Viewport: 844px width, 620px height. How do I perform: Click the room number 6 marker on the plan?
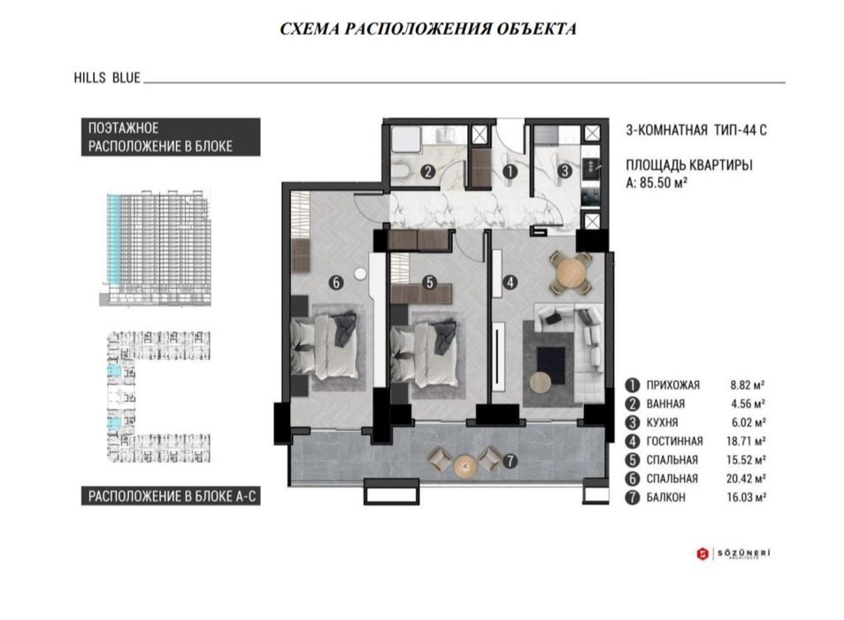[336, 282]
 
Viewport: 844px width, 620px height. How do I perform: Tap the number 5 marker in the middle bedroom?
[429, 282]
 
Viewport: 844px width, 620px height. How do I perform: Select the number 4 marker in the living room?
[510, 282]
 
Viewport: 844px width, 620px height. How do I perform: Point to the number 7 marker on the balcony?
[510, 461]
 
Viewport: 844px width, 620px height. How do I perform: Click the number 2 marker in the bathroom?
[428, 172]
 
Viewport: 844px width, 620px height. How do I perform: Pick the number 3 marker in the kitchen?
[564, 171]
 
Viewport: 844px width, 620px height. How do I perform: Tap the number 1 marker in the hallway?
[510, 172]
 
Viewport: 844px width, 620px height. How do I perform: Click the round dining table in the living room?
[571, 273]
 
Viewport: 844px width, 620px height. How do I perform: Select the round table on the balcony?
[465, 466]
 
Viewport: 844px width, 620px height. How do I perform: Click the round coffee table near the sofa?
[541, 383]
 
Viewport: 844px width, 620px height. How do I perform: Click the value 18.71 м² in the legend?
[746, 441]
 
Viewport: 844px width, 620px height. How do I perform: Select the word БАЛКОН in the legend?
[666, 497]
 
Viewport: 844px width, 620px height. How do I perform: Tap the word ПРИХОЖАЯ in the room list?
[673, 385]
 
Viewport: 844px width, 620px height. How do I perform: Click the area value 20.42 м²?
[746, 478]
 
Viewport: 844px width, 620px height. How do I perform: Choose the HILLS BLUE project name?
[107, 78]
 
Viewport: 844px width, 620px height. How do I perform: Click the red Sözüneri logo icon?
[702, 554]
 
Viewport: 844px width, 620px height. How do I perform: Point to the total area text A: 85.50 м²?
[656, 183]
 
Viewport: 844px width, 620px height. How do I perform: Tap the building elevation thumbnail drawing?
[155, 248]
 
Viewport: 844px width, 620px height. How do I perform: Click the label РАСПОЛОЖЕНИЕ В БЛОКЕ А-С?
[172, 496]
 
